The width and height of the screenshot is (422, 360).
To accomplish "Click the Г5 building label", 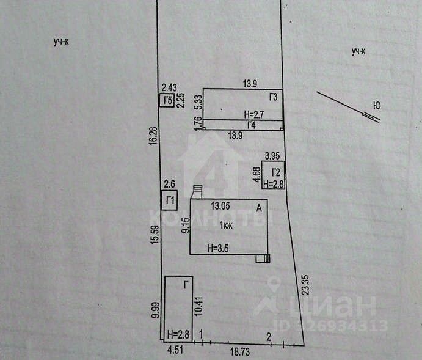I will tap(167, 100).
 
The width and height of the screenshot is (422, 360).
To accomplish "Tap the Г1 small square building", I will tap(170, 200).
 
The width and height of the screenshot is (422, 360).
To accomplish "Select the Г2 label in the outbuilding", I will tap(277, 172).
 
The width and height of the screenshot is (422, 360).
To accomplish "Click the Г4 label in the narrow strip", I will tap(251, 124).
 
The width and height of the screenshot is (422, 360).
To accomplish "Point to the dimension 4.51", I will tap(176, 351).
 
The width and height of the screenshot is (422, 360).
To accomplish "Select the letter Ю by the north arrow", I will tap(377, 106).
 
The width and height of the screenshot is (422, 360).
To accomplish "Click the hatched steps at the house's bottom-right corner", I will tap(263, 259).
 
